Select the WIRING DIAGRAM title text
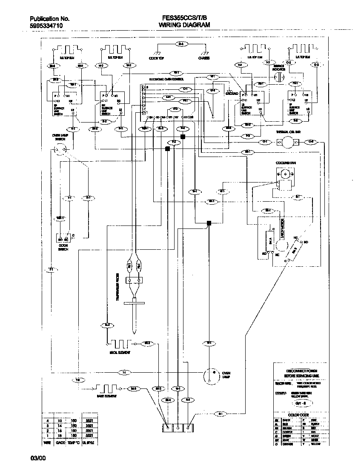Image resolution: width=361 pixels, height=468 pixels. pyautogui.click(x=184, y=26)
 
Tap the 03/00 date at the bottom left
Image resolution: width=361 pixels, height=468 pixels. pyautogui.click(x=37, y=458)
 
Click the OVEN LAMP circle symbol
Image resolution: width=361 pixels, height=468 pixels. pyautogui.click(x=210, y=374)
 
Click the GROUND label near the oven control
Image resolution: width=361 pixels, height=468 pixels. pyautogui.click(x=232, y=93)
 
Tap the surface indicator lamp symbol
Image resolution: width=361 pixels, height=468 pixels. pyautogui.click(x=278, y=77)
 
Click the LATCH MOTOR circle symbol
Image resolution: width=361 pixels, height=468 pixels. pyautogui.click(x=280, y=246)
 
